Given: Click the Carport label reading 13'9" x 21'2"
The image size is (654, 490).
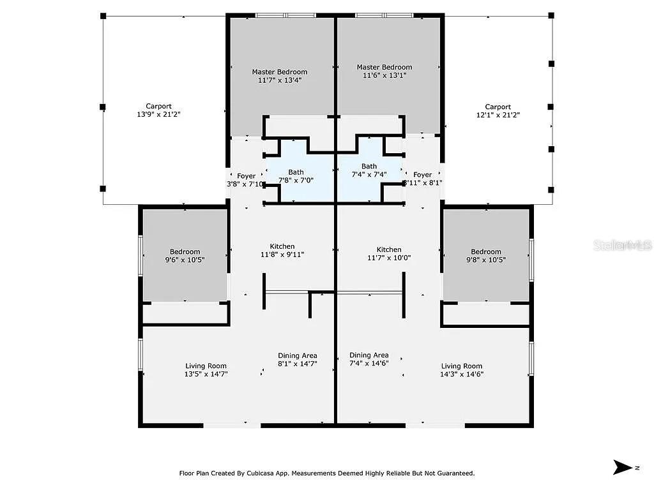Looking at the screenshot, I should click(x=158, y=111).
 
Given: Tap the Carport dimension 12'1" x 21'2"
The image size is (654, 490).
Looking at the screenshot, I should click(x=498, y=111).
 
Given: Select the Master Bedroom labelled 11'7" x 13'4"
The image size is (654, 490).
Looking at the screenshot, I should click(x=279, y=77).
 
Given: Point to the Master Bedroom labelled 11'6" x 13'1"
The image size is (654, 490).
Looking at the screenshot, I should click(x=384, y=71).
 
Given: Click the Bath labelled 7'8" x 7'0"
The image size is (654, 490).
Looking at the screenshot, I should click(x=296, y=176).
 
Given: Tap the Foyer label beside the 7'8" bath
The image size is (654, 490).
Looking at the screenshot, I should click(x=246, y=180).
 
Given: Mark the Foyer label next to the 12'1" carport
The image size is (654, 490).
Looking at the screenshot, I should click(x=422, y=179).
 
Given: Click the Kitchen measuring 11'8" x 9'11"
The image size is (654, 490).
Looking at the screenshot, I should click(x=282, y=250).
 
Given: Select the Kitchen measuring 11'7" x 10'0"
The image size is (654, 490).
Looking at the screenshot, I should click(x=389, y=254).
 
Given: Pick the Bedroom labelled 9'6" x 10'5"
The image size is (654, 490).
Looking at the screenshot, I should click(x=185, y=256).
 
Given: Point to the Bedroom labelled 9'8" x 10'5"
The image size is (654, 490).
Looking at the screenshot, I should click(x=486, y=256).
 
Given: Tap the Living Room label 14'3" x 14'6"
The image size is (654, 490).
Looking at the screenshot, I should click(x=462, y=370).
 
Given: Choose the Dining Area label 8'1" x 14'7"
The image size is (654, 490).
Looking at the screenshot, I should click(x=297, y=360).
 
